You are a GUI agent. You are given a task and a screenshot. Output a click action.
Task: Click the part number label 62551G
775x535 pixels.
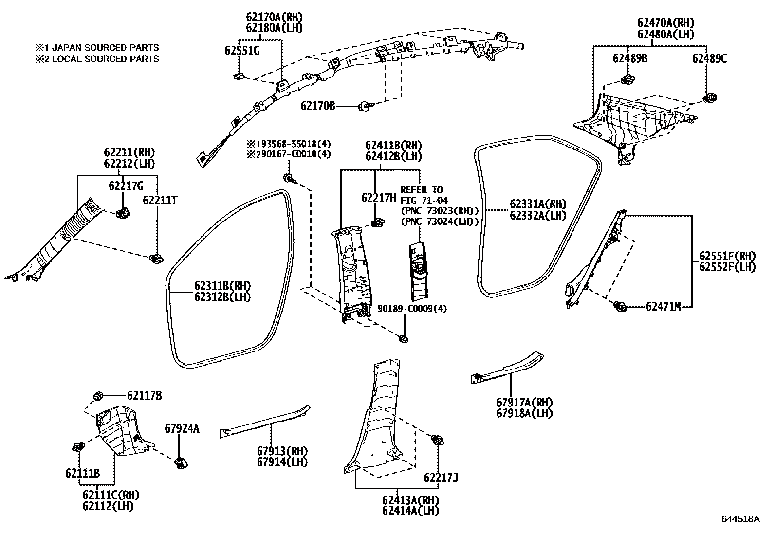point(242,51)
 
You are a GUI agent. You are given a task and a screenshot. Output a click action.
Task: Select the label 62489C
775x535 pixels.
point(709,58)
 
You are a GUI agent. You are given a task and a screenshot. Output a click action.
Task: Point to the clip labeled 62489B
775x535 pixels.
point(628,79)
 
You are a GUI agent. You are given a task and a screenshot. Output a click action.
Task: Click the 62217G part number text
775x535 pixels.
point(126,186)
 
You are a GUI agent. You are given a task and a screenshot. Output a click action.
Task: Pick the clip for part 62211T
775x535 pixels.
point(156,258)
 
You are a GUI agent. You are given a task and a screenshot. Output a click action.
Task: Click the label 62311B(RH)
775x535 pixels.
point(222,285)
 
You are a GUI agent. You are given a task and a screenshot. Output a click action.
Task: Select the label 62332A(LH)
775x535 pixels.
point(538,215)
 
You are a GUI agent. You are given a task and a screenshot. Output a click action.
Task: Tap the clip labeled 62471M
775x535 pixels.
point(620,306)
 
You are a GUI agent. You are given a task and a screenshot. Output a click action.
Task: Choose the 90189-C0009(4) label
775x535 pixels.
point(412,308)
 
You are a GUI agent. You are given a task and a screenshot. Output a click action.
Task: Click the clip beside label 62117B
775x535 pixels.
point(98,396)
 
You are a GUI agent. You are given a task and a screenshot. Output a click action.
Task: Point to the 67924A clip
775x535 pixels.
point(181,462)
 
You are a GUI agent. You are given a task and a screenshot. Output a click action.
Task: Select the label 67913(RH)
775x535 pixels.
point(282,451)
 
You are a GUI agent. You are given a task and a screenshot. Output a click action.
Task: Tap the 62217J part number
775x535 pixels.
point(441,478)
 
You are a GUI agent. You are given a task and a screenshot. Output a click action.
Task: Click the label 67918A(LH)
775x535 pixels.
point(524,413)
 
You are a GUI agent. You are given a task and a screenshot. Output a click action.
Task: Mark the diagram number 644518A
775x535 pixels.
point(740,528)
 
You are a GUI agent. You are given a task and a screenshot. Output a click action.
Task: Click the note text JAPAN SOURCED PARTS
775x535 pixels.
point(105,47)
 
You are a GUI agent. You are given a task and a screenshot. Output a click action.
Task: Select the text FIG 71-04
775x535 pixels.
point(424,201)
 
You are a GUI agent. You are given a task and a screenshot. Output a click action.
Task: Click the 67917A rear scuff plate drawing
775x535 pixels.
point(507,369)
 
